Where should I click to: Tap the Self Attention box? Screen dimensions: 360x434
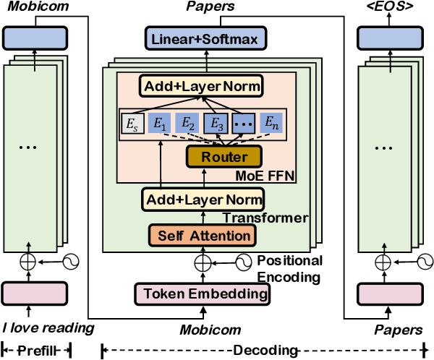tap(203, 235)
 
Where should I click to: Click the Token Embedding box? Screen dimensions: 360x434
tap(203, 293)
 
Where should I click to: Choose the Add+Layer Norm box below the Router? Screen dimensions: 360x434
tap(203, 199)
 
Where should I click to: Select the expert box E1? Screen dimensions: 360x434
tap(158, 123)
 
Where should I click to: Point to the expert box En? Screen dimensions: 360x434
tap(268, 123)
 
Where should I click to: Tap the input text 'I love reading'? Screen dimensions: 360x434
tap(48, 329)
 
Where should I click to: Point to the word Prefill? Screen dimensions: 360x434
tap(35, 350)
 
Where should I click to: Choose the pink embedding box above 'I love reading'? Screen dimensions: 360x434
tap(35, 293)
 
